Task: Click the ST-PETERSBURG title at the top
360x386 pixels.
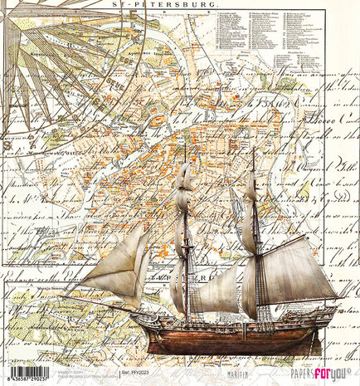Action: [180, 5]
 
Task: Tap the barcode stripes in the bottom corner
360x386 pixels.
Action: [25, 370]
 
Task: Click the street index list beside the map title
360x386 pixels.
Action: [282, 50]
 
